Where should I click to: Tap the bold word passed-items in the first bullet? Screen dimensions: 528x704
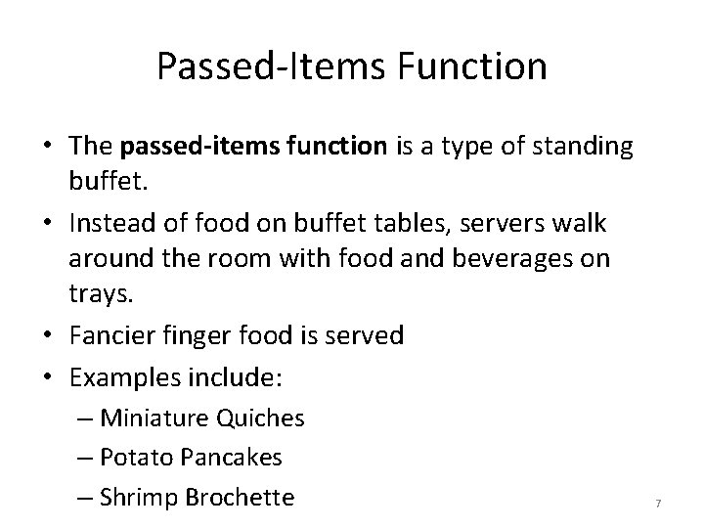183,148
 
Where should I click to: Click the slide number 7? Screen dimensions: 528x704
658,503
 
